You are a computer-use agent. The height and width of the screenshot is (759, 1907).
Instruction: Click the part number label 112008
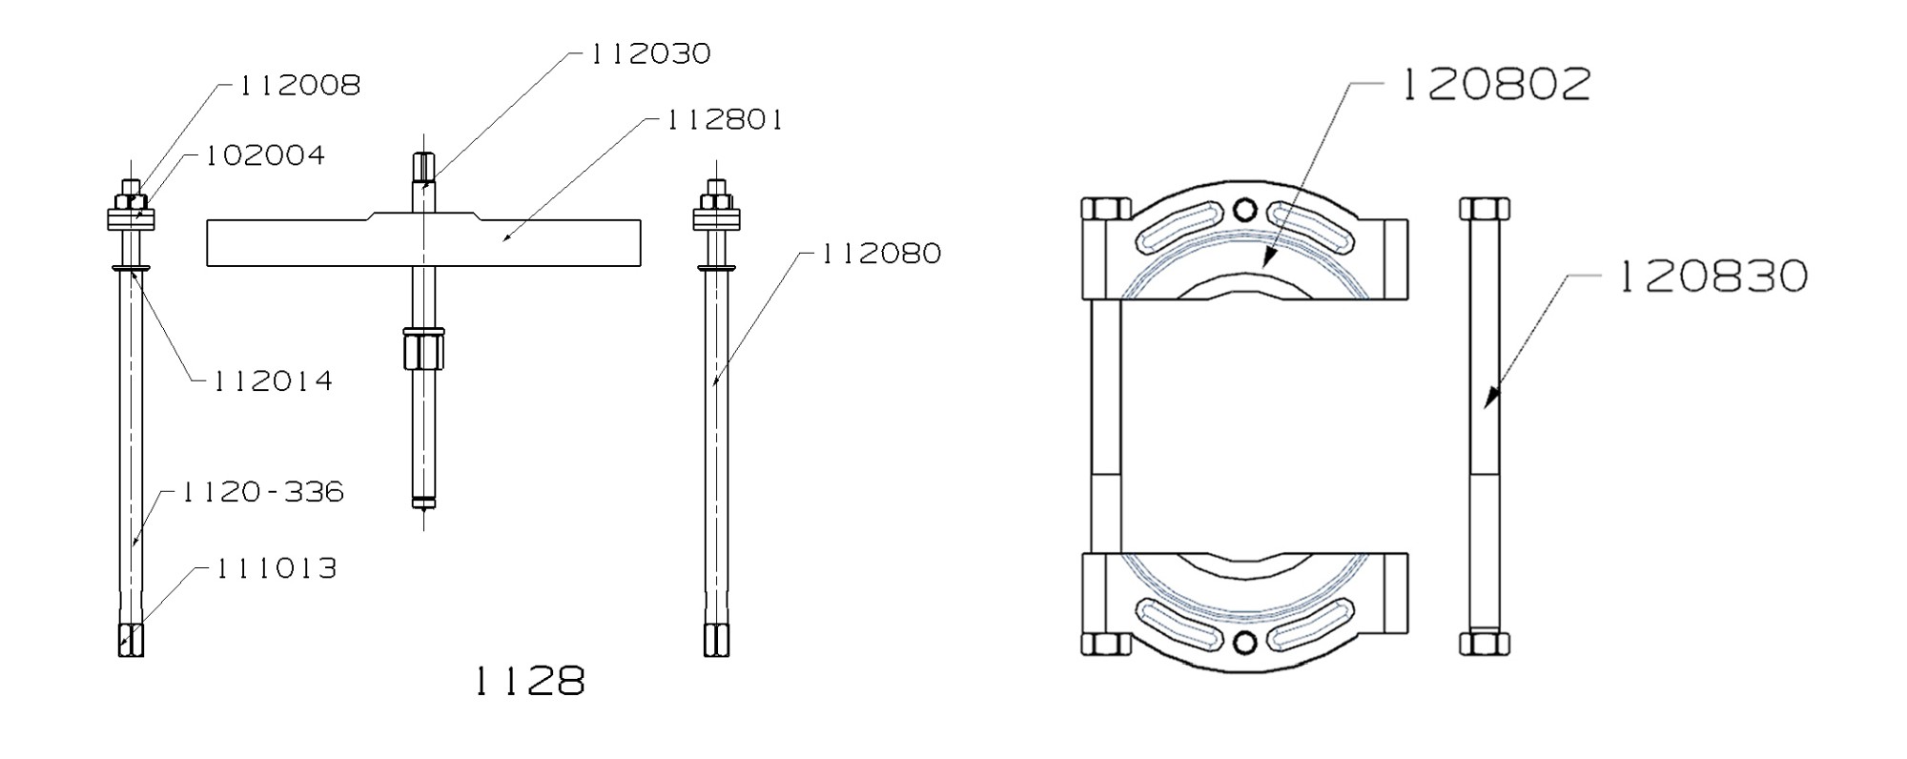(x=298, y=86)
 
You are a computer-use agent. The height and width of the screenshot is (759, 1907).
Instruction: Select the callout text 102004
(x=265, y=155)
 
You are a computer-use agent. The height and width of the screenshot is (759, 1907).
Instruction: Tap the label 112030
(x=650, y=53)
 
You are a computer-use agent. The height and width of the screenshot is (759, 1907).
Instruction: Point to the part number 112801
(x=725, y=120)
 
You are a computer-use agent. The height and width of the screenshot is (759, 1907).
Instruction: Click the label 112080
(x=881, y=254)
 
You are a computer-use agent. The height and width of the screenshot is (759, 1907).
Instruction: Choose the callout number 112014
(x=272, y=381)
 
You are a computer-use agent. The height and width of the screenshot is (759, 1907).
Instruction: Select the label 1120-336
(x=262, y=492)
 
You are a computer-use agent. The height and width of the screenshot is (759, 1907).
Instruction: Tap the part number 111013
(x=276, y=569)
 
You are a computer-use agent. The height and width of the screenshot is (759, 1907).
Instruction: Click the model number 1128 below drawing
(x=529, y=681)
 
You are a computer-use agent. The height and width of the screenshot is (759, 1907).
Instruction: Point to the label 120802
(x=1495, y=85)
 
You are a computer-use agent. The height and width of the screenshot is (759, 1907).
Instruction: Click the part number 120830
(x=1712, y=277)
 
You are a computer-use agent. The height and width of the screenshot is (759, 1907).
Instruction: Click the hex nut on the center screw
(x=423, y=349)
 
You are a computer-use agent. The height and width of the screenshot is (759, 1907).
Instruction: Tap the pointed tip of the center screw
(x=422, y=520)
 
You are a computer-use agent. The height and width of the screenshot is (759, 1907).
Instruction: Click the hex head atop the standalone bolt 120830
(x=1484, y=209)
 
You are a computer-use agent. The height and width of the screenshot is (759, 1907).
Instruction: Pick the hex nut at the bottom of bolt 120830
(x=1484, y=642)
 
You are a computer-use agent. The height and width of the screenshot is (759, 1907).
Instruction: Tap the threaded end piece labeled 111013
(x=131, y=639)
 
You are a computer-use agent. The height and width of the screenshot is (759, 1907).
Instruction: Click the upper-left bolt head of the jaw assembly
(x=1106, y=209)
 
